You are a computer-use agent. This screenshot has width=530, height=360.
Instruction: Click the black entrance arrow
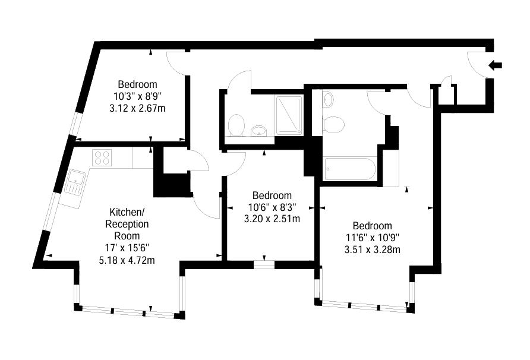[x=496, y=65]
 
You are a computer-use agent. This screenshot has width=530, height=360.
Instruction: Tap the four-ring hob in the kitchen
[x=102, y=157]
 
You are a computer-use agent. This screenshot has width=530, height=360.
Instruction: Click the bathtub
[x=349, y=169]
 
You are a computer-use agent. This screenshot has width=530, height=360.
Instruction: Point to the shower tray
[x=289, y=116]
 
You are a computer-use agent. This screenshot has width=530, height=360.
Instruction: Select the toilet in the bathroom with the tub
[x=333, y=124]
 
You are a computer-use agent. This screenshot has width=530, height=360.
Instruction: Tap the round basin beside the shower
[x=259, y=130]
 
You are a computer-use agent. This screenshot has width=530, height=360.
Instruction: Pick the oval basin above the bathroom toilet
[x=327, y=99]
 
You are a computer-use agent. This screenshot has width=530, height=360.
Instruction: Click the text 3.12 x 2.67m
[x=138, y=109]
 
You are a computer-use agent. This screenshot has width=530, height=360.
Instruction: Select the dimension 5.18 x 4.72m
[x=127, y=260]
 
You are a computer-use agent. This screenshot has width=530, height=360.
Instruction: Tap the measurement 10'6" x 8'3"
[x=272, y=207]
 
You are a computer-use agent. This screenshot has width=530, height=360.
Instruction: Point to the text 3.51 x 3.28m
[x=373, y=250]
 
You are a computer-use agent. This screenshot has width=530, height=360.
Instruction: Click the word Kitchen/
[x=127, y=212]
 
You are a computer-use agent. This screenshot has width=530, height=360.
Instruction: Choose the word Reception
[x=127, y=224]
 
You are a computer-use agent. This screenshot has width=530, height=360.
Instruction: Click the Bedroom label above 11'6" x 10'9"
[x=373, y=226]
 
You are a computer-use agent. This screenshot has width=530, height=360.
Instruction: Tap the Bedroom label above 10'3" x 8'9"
[x=138, y=84]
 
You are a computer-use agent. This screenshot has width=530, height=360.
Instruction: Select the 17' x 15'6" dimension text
[x=127, y=248]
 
